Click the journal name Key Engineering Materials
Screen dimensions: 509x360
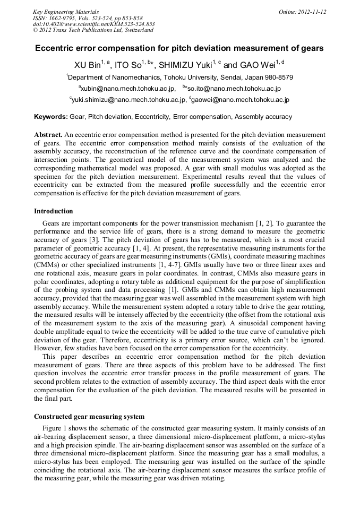[x=65, y=12]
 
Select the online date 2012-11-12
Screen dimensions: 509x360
[x=302, y=12]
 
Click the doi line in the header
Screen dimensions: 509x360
[x=93, y=24]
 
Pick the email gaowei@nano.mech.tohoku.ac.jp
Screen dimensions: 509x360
[x=240, y=100]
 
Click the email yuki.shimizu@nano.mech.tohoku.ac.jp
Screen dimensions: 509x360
[x=129, y=100]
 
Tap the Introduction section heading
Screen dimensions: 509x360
[x=54, y=211]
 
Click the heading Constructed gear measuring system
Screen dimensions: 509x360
[x=89, y=416]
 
